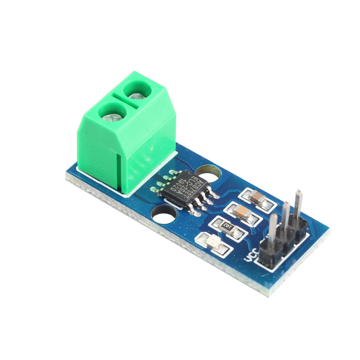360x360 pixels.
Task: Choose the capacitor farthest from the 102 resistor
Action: [259, 199]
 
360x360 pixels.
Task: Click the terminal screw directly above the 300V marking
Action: [112, 116]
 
